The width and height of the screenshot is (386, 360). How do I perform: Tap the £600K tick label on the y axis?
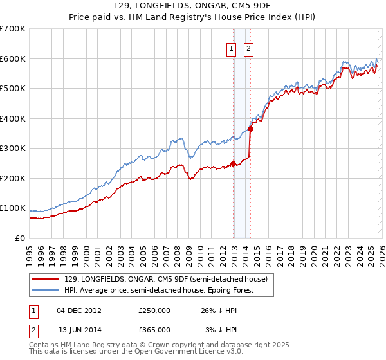(x=13, y=59)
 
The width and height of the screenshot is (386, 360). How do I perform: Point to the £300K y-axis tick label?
(x=13, y=148)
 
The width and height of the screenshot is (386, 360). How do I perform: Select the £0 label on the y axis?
(x=21, y=238)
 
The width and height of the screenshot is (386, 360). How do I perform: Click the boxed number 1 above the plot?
(x=231, y=47)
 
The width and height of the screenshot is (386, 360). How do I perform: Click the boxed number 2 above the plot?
(x=248, y=47)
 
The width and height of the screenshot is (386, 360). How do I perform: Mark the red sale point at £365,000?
(x=250, y=129)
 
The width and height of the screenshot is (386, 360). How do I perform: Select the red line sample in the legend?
(x=46, y=278)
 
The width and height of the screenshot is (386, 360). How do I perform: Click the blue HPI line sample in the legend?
(x=46, y=290)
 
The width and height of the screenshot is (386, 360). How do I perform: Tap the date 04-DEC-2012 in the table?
(x=79, y=310)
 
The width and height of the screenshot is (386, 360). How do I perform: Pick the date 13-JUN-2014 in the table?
(x=79, y=329)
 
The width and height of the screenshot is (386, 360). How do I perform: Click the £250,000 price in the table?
(x=154, y=310)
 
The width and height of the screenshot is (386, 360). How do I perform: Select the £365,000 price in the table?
(x=154, y=329)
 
